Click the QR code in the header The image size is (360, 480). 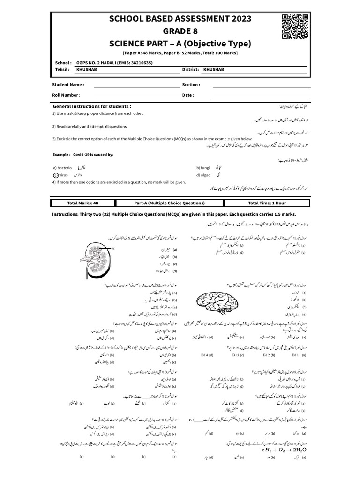295,26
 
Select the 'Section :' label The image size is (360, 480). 191,85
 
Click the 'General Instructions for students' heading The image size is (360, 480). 92,106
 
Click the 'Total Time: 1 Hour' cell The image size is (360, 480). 267,203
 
